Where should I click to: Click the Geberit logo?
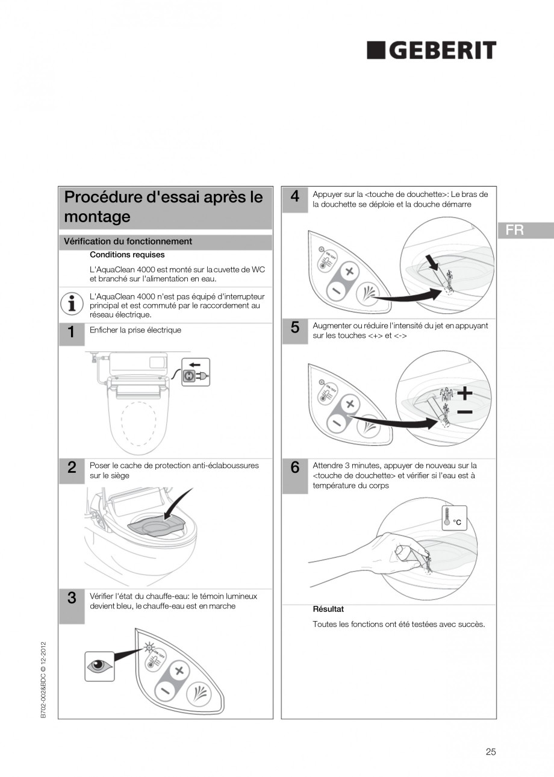pyautogui.click(x=432, y=51)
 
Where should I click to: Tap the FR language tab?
pyautogui.click(x=524, y=230)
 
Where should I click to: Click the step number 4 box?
pyautogui.click(x=294, y=198)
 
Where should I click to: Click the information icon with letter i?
pyautogui.click(x=72, y=303)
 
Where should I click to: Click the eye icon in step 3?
pyautogui.click(x=99, y=666)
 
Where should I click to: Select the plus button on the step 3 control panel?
pyautogui.click(x=178, y=670)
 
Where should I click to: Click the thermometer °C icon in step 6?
pyautogui.click(x=453, y=517)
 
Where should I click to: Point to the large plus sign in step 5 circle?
pyautogui.click(x=464, y=394)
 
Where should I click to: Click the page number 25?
pyautogui.click(x=490, y=751)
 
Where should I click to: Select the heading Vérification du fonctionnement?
pyautogui.click(x=128, y=242)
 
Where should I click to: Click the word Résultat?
pyautogui.click(x=328, y=609)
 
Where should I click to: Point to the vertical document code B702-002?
pyautogui.click(x=44, y=681)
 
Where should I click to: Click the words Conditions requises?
pyautogui.click(x=127, y=255)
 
